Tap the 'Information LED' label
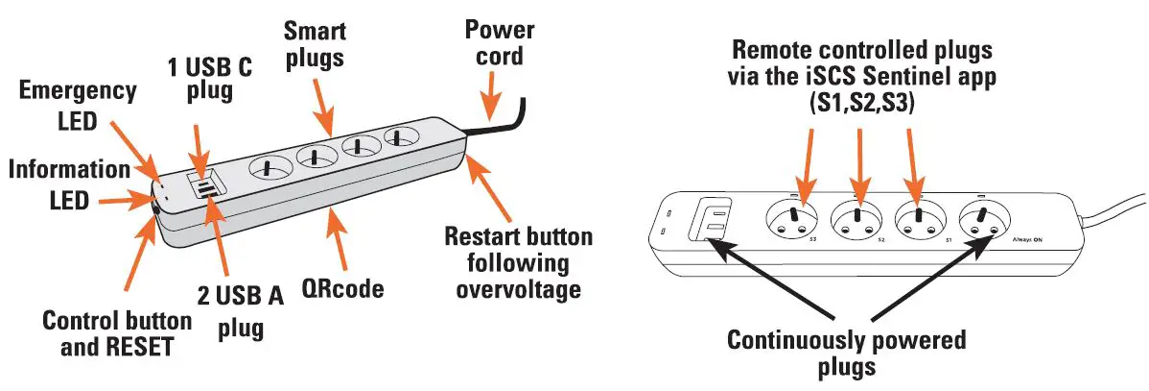[x=68, y=184]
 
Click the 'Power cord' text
[x=494, y=43]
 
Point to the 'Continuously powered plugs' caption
[x=847, y=353]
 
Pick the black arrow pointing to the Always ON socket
[x=926, y=285]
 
